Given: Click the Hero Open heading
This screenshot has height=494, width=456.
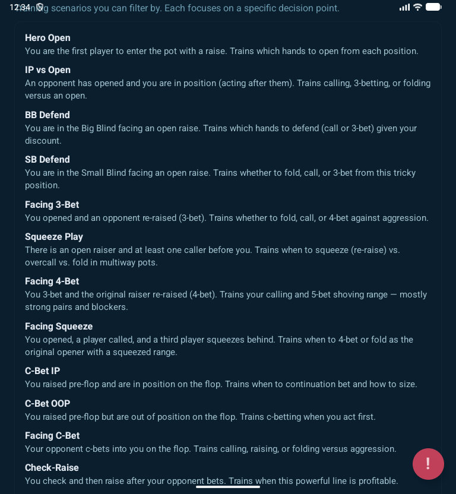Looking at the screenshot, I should click(47, 38).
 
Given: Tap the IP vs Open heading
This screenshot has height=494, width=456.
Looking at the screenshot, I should click(47, 70).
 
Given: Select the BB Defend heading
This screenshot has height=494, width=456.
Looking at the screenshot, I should click(47, 115).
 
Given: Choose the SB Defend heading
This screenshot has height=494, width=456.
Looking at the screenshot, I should click(47, 160).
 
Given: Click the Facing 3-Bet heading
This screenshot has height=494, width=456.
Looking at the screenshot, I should click(52, 205).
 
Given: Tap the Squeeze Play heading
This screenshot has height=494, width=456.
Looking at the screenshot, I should click(54, 237).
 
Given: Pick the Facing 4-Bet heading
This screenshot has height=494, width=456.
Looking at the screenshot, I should click(52, 281).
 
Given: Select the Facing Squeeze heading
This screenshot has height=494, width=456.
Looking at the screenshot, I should click(59, 327).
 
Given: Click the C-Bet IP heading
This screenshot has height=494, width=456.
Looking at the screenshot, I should click(43, 371).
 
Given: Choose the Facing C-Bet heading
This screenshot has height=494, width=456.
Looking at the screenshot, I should click(52, 436).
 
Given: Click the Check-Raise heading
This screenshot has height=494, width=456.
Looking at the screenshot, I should click(52, 468).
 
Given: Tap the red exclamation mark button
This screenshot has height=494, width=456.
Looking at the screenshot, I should click(428, 464).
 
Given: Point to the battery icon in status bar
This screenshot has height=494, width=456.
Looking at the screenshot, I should click(433, 7).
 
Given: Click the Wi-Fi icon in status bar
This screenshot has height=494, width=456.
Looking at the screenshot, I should click(417, 7).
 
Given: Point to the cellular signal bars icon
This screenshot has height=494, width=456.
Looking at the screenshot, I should click(405, 7).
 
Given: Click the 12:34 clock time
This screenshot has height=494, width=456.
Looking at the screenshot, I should click(20, 7).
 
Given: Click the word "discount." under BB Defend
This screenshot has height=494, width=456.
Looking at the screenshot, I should click(43, 141).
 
